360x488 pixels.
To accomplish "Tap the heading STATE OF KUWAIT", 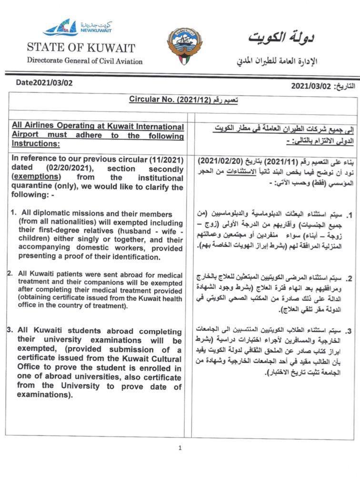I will [x=81, y=48].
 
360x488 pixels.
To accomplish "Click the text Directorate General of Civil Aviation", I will [x=85, y=61].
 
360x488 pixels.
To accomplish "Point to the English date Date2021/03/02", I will [x=44, y=82].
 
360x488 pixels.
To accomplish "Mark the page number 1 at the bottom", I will [x=180, y=448].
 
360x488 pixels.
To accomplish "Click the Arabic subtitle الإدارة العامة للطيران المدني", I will [x=277, y=61].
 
